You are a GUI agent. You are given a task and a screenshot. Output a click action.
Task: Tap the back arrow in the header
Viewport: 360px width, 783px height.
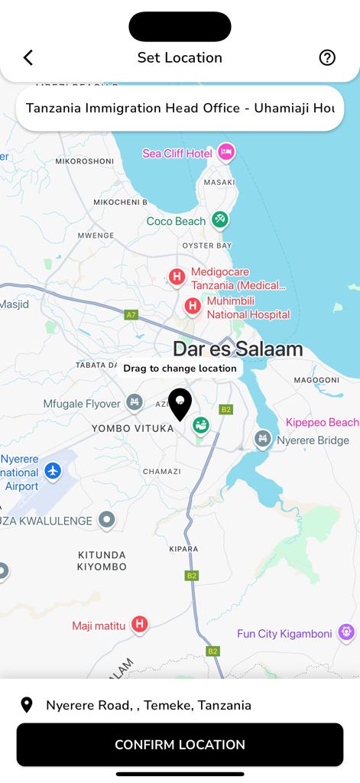tap(28, 57)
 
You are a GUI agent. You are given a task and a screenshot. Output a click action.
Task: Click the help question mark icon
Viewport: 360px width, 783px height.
tap(327, 57)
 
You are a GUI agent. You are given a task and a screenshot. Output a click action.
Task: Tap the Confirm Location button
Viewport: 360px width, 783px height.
tap(180, 744)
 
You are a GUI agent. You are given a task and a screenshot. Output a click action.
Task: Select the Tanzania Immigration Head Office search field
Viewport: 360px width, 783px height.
tap(180, 109)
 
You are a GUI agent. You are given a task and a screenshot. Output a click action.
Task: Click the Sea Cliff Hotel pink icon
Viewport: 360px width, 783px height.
tap(225, 152)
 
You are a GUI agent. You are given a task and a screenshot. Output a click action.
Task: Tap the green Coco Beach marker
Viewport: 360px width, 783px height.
tap(220, 219)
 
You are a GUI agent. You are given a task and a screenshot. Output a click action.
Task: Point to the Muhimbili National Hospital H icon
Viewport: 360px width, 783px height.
tap(193, 307)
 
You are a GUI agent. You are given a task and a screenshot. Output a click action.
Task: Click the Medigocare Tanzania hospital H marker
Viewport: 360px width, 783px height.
tap(177, 277)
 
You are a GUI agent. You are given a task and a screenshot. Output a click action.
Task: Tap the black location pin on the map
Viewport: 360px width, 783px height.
tap(180, 404)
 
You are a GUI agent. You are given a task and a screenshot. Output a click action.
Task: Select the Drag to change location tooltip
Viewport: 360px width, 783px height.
tap(180, 369)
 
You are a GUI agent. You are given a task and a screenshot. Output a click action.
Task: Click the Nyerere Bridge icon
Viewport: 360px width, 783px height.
tap(262, 439)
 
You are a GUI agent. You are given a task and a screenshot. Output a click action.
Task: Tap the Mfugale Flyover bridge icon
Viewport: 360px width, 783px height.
tap(135, 402)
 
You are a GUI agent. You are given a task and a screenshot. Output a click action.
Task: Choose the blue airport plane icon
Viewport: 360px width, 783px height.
tap(53, 471)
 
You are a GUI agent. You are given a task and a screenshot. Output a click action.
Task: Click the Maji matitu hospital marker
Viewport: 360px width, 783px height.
tap(139, 625)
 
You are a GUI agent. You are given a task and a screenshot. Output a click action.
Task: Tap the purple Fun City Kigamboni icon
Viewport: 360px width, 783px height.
tap(346, 632)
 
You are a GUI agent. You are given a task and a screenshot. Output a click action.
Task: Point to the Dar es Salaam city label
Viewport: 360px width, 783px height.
tap(238, 349)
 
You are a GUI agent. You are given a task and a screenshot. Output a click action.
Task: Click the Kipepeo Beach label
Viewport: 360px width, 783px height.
tap(322, 422)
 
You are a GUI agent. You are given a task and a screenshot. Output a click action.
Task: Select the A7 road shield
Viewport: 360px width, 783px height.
tap(131, 314)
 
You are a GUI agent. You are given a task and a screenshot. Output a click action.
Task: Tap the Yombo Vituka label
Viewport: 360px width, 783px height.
tap(132, 428)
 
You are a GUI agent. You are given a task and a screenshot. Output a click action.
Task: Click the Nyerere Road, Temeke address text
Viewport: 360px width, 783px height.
tap(148, 705)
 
